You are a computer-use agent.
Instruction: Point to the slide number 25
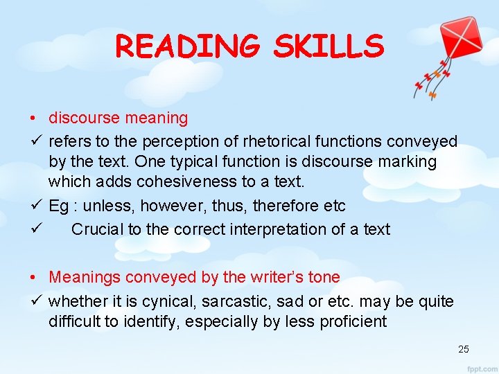464,349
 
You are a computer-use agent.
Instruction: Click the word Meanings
82,277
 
